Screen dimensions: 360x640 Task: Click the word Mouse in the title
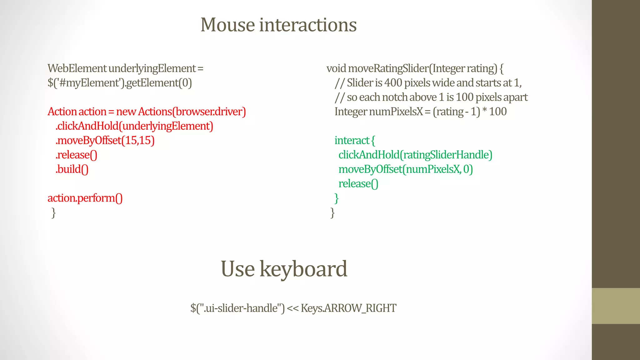[227, 25]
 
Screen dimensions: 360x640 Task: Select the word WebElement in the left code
[77, 68]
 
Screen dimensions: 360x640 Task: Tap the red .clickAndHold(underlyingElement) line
[134, 126]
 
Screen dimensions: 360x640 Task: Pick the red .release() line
[77, 155]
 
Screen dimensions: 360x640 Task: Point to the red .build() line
[72, 169]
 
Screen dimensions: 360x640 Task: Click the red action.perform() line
[85, 198]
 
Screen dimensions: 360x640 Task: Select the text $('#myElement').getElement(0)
[120, 83]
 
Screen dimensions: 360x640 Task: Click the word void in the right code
[336, 68]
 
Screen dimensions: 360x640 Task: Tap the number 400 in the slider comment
[393, 83]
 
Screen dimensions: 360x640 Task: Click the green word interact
[352, 140]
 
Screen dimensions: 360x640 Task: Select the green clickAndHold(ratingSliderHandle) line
[415, 155]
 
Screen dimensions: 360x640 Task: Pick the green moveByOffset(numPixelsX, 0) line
[406, 169]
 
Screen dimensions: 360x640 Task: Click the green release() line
[358, 183]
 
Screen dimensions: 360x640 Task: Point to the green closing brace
[337, 198]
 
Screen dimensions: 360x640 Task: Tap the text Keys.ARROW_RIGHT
[348, 308]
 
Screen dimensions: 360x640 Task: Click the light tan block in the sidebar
[616, 306]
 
